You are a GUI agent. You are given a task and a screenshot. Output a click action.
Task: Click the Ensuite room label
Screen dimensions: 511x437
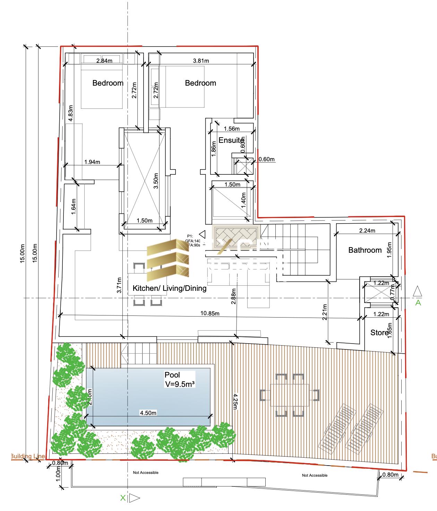(231, 140)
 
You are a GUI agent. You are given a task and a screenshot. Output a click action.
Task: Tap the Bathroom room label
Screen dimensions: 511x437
(365, 250)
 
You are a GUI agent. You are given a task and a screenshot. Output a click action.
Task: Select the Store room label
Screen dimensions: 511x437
(379, 333)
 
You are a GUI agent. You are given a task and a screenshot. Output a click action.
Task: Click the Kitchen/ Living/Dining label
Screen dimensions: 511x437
(170, 288)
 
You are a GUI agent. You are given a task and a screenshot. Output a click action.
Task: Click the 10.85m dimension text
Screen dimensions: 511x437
(210, 313)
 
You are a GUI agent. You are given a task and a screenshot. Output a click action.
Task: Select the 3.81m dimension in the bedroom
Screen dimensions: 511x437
(201, 61)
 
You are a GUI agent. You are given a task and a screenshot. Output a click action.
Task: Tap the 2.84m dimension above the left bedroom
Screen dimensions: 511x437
(104, 61)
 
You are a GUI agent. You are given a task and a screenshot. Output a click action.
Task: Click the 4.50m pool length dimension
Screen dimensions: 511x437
(148, 413)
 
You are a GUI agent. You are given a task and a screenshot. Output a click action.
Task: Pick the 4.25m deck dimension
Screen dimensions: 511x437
(235, 401)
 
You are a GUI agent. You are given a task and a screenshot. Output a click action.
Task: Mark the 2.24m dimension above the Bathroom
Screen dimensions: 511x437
(367, 230)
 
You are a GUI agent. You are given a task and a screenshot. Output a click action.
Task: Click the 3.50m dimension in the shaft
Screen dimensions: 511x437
(156, 181)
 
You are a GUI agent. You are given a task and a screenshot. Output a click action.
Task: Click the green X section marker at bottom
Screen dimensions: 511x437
(123, 498)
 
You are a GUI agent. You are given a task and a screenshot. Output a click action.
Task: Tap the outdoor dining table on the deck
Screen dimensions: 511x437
(289, 395)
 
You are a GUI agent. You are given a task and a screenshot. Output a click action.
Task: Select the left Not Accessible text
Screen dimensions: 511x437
(146, 473)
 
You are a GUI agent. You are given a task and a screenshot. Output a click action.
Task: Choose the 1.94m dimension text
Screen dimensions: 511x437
(92, 162)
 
